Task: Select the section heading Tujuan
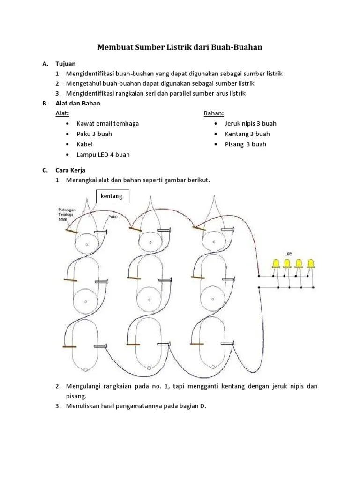(65, 64)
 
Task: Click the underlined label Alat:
(62, 113)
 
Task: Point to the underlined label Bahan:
(214, 113)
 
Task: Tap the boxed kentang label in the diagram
(112, 196)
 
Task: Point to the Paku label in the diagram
(112, 217)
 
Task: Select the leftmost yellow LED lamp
(276, 263)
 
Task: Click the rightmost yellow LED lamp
(310, 263)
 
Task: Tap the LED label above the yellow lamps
(288, 254)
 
